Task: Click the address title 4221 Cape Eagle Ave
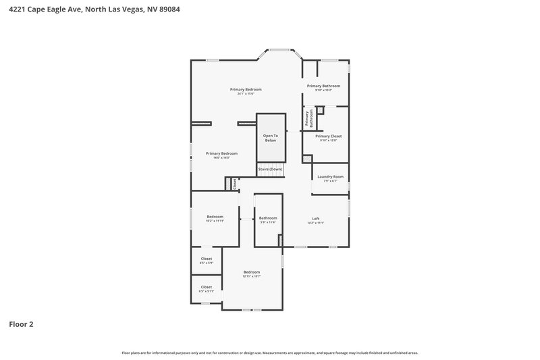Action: [x=94, y=10]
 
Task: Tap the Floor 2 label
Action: [x=21, y=324]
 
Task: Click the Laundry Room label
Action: [x=330, y=177]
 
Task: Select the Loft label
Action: [x=315, y=218]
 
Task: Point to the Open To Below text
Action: [x=270, y=138]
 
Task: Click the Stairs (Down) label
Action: [x=270, y=169]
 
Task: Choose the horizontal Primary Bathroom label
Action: [x=323, y=86]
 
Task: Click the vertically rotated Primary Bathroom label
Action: [x=308, y=119]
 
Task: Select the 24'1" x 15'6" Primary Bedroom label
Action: [x=245, y=90]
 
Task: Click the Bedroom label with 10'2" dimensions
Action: [x=215, y=217]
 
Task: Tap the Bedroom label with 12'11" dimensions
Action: [x=251, y=272]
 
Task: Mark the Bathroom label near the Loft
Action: [x=268, y=217]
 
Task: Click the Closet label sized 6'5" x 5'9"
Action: [x=207, y=259]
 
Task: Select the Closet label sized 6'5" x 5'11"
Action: [x=207, y=287]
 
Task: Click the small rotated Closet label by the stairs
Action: [x=235, y=183]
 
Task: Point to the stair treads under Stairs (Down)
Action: [x=270, y=175]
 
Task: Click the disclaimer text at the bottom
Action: [x=270, y=353]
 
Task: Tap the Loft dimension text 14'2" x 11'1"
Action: [x=315, y=223]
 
